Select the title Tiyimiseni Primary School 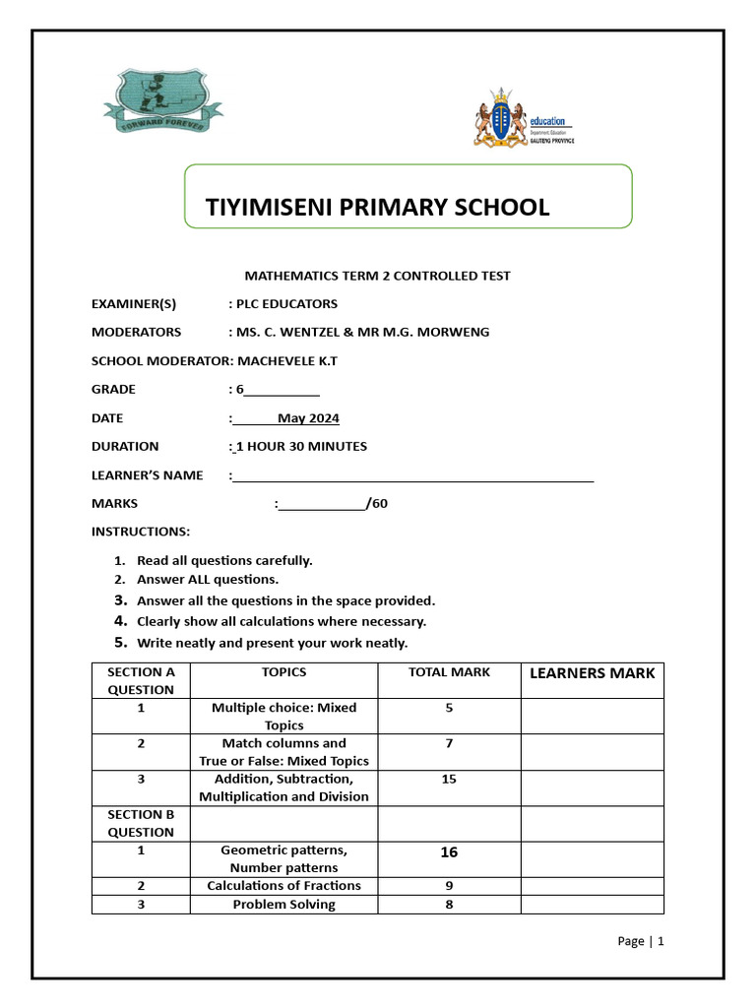pos(377,207)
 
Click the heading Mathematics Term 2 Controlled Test pos(377,276)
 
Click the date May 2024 pos(308,418)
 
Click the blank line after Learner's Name pos(413,476)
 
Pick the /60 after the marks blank pos(377,504)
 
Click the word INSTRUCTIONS pos(141,532)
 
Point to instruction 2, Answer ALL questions pos(208,580)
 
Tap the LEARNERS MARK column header pos(592,673)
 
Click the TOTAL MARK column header pos(449,672)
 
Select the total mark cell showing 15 pos(449,779)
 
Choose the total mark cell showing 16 pos(449,852)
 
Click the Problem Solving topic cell pos(283,904)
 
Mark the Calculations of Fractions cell pos(283,885)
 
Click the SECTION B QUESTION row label pos(141,823)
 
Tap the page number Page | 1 pos(641,941)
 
